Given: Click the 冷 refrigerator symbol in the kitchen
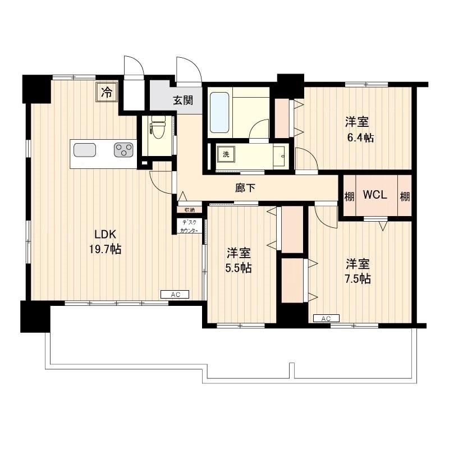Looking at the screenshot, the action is [107, 91].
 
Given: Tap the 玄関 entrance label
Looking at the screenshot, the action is [183, 100].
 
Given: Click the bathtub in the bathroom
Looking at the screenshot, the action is [219, 112].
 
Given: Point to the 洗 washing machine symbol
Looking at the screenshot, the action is [226, 155].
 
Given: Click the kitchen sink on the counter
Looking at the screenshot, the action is [85, 150].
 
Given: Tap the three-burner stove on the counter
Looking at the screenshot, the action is [123, 150].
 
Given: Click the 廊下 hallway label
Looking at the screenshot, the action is [245, 188].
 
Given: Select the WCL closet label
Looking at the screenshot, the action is [375, 195].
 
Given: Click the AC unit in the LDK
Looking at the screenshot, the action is [175, 294].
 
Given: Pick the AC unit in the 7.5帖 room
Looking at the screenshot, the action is [326, 318].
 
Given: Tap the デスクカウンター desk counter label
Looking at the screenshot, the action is [189, 226].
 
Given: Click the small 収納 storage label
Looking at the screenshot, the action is [189, 209].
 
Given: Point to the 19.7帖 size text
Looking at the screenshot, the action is [105, 249].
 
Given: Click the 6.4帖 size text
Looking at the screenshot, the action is [360, 138].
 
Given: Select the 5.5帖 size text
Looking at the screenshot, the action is [238, 268].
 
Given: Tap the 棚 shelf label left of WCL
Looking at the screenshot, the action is [349, 197].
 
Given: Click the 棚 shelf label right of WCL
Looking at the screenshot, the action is [405, 197].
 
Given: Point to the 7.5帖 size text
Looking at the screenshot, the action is [358, 278].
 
